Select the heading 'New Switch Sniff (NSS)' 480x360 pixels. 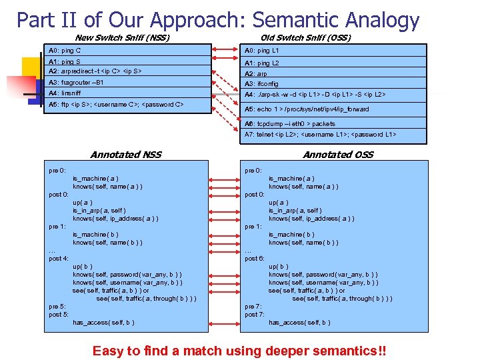122,38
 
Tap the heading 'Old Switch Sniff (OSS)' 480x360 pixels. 305,38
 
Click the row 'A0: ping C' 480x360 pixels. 65,51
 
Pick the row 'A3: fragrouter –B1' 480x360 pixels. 77,82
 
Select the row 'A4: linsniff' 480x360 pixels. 65,93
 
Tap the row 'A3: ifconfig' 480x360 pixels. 261,84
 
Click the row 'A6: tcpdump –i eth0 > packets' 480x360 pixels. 281,124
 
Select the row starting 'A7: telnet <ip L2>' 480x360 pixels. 320,135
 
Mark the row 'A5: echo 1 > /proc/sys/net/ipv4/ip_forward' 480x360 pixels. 307,109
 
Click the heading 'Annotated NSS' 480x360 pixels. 125,155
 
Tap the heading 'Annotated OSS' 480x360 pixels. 338,155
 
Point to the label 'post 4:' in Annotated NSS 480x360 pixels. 59,258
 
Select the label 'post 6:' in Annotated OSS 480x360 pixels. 255,258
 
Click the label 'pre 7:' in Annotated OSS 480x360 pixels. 254,307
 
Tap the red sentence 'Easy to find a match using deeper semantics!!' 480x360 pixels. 239,351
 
